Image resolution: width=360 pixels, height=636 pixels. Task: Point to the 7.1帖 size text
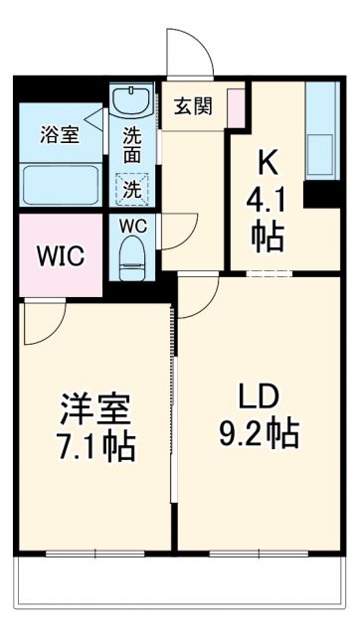coord(94,445)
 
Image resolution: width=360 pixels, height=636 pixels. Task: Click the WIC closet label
coord(61,256)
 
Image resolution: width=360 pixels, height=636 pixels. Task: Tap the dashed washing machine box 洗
coord(131,187)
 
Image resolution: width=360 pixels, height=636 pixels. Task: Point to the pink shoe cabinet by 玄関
coord(235,108)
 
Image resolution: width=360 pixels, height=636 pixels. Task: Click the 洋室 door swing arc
coord(45,323)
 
